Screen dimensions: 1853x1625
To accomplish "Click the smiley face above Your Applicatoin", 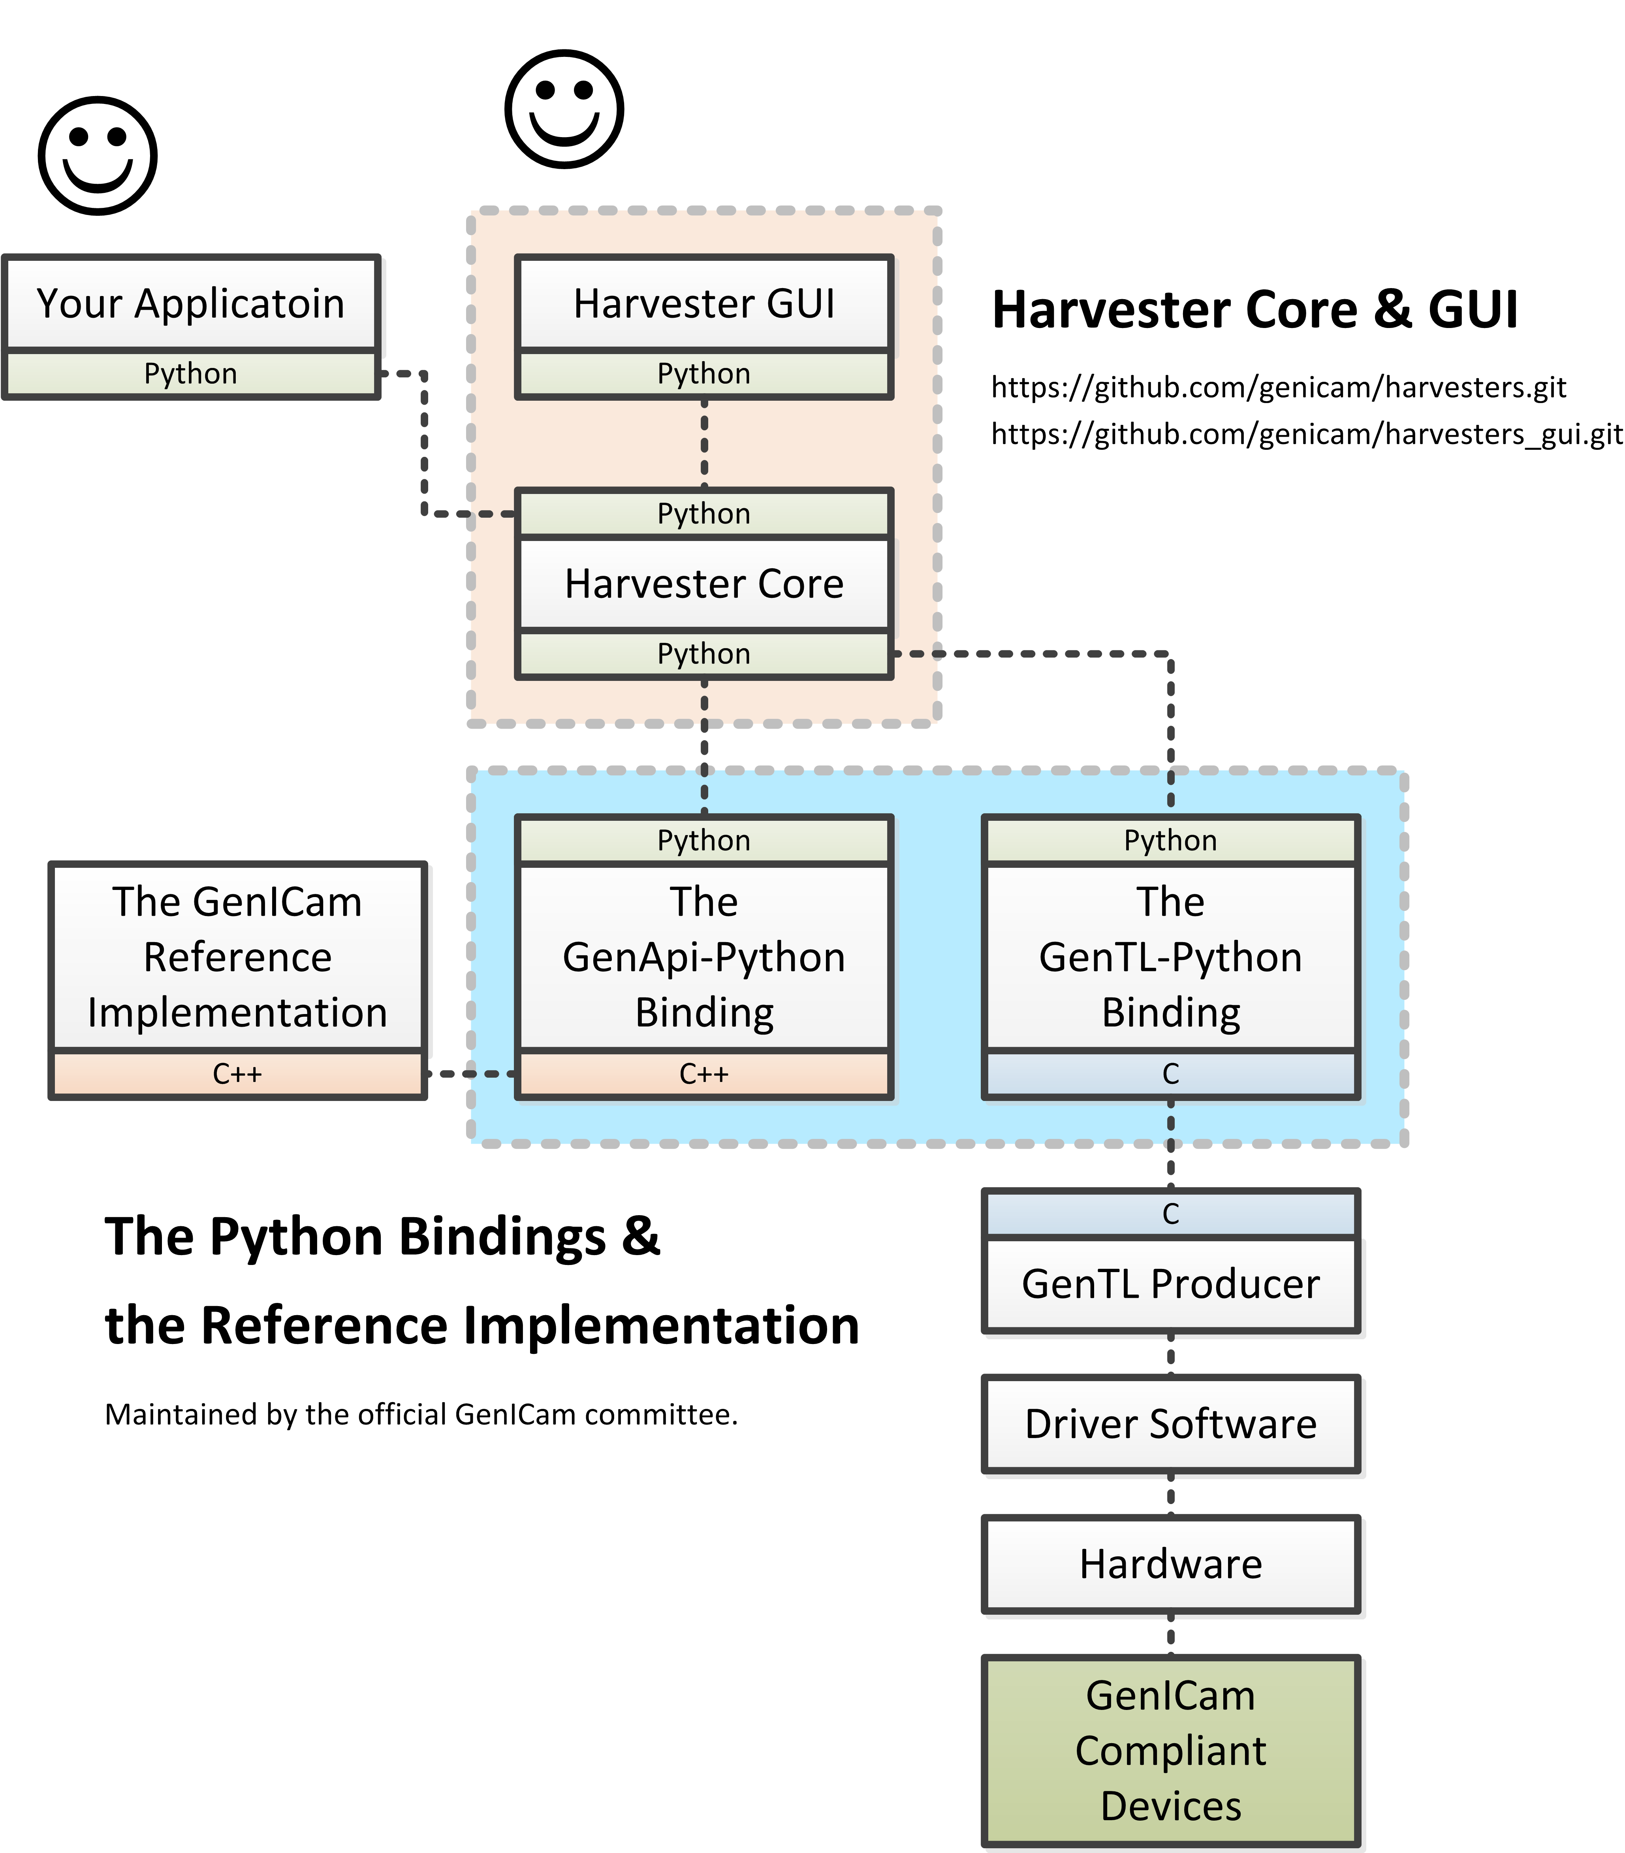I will pyautogui.click(x=98, y=156).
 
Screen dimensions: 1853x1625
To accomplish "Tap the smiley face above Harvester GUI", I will pyautogui.click(x=564, y=109).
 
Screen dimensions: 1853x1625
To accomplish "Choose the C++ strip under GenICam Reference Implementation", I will pyautogui.click(x=237, y=1074).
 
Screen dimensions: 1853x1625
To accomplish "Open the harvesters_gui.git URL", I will pyautogui.click(x=1306, y=434).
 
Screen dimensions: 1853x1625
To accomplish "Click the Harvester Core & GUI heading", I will pyautogui.click(x=1254, y=310).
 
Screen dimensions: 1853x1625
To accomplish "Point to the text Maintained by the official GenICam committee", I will pyautogui.click(x=421, y=1414).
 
